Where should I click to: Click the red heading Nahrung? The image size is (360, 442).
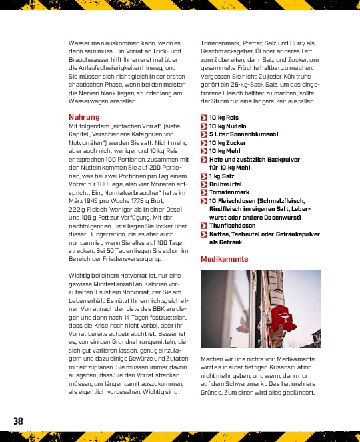84,117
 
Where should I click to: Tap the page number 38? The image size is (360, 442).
18,421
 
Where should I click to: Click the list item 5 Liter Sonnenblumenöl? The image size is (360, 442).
242,134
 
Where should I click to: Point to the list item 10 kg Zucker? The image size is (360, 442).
227,142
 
